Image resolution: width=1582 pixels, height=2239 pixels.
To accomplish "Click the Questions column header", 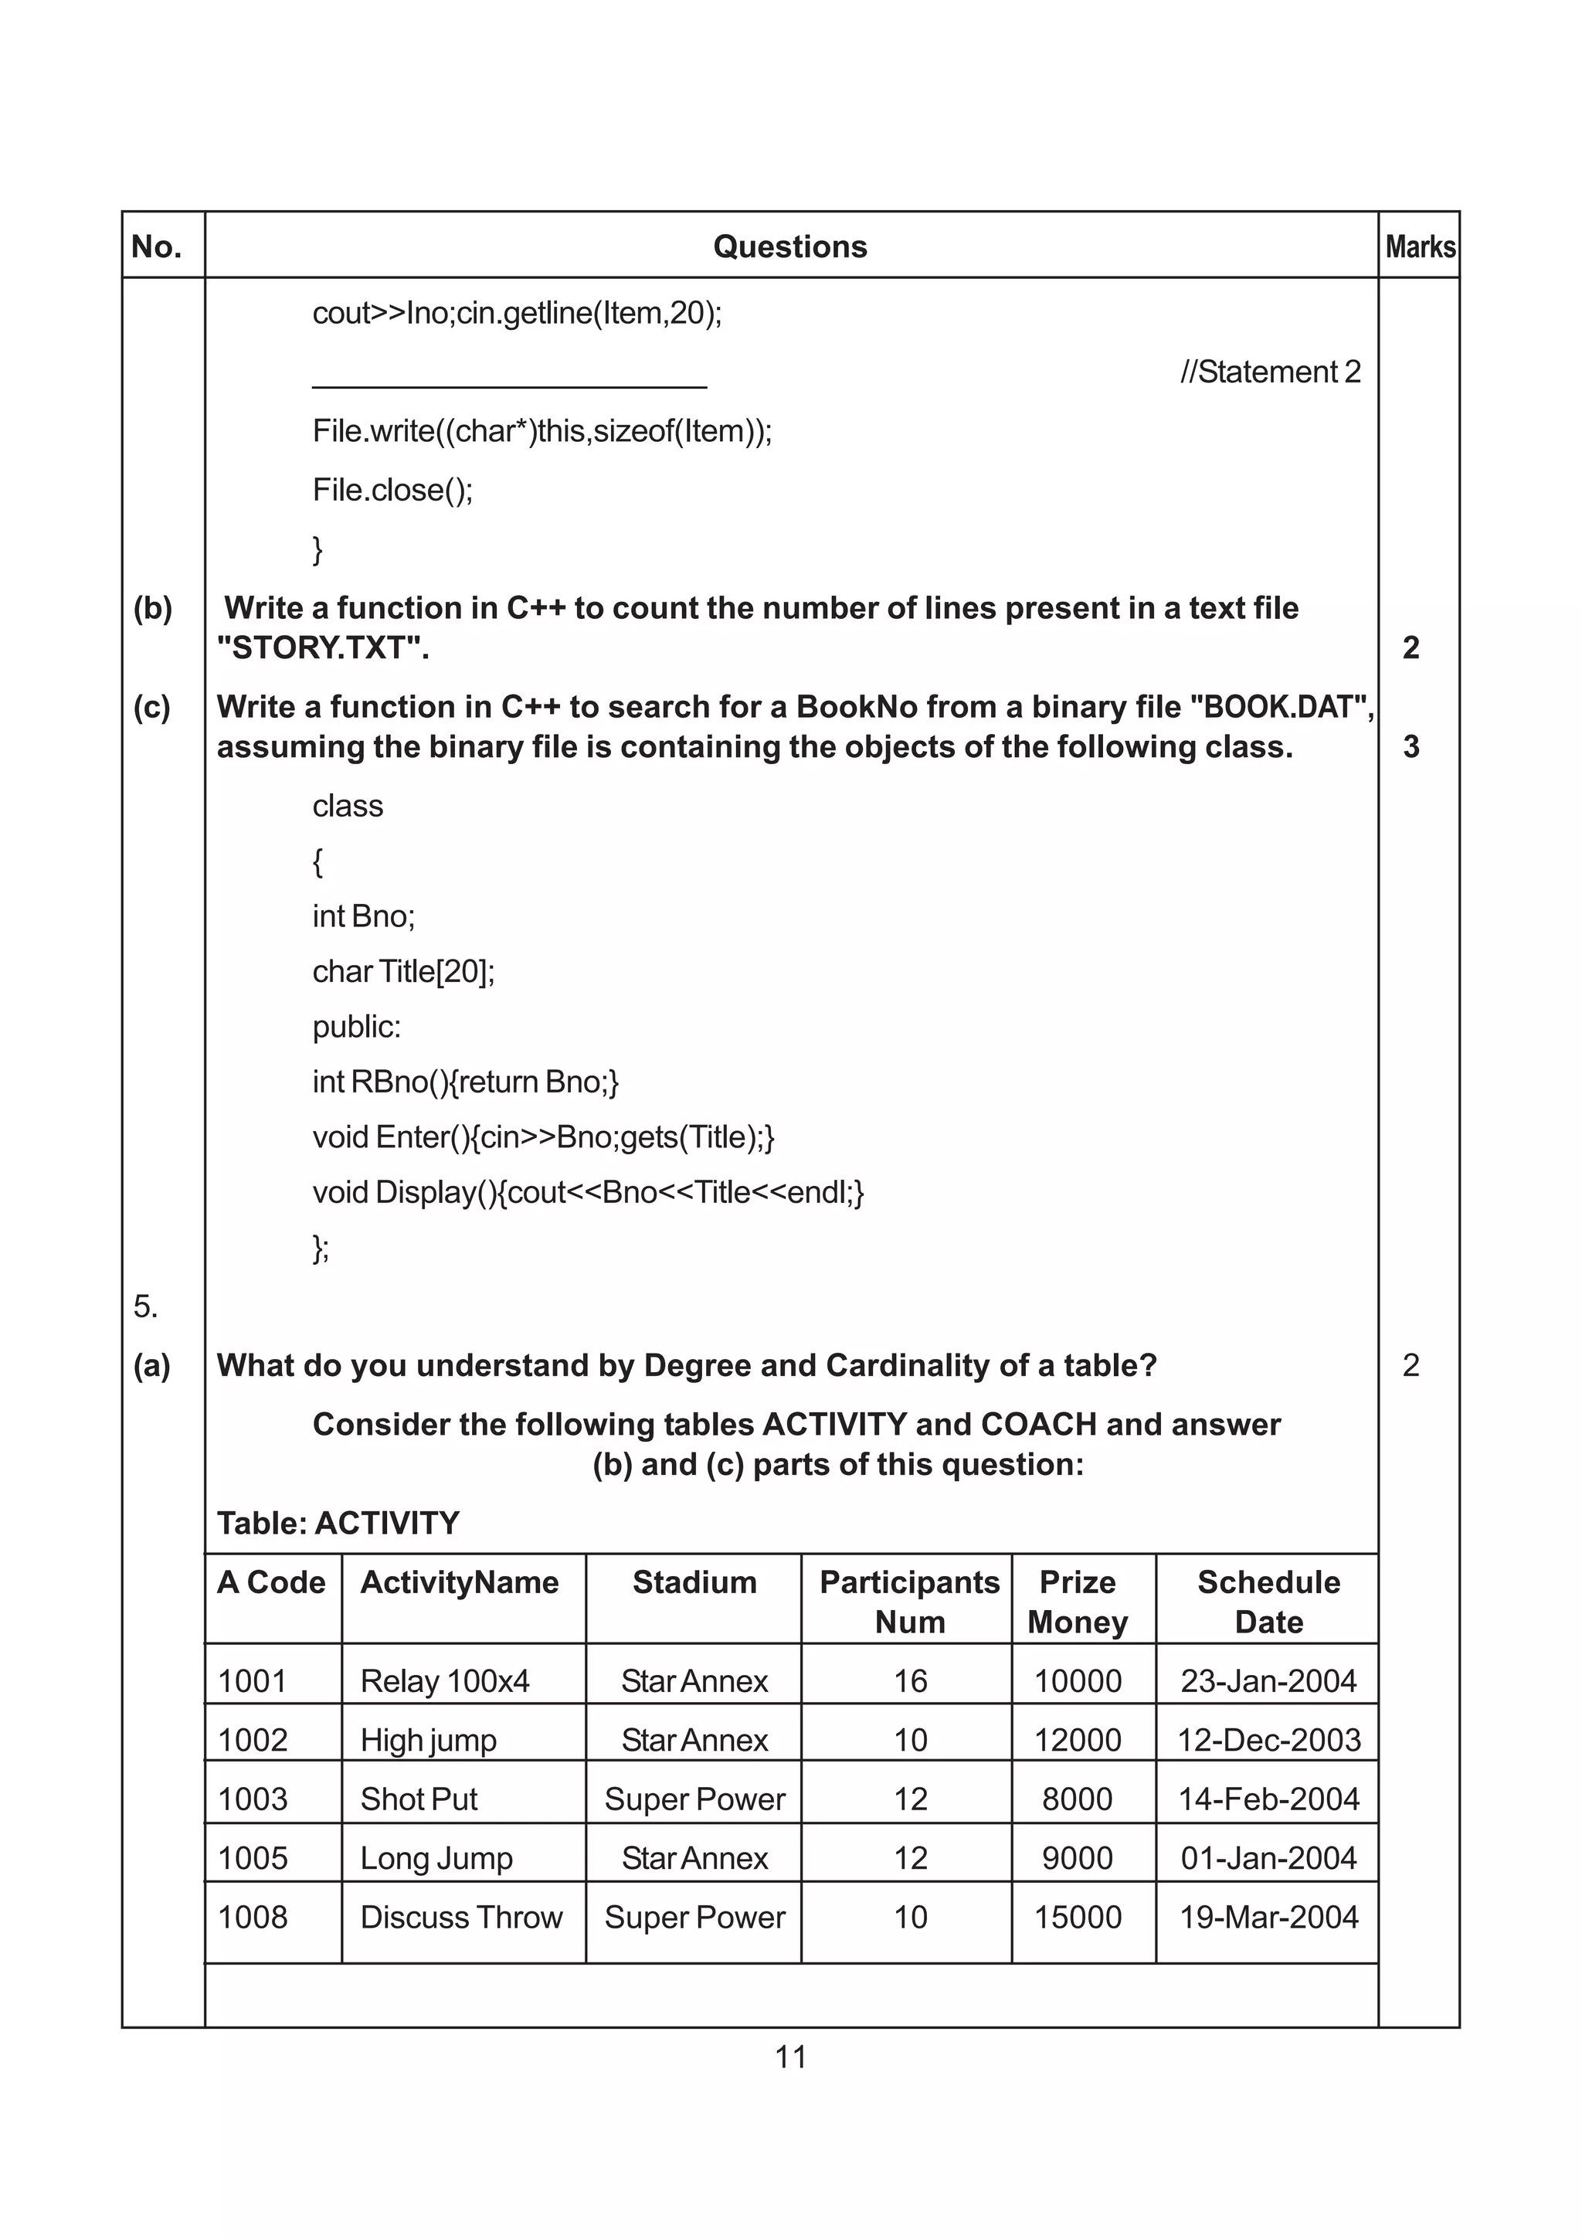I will pos(789,246).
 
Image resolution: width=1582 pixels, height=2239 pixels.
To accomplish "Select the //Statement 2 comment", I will pos(1269,372).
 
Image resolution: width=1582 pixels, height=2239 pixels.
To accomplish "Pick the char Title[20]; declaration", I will pos(403,971).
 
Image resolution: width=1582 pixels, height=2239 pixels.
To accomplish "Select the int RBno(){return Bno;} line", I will pos(465,1082).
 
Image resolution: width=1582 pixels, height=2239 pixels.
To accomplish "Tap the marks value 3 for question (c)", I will pos(1411,747).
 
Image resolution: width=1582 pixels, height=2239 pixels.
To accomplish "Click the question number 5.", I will pos(145,1306).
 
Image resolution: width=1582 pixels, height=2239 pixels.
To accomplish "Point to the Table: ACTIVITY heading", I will pos(338,1524).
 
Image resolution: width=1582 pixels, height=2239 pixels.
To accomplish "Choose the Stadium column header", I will pos(694,1582).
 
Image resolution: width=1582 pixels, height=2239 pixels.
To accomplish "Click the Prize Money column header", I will pos(1077,1602).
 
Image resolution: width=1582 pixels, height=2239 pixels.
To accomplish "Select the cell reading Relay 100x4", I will pos(444,1681).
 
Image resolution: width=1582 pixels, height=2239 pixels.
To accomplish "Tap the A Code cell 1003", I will pos(253,1799).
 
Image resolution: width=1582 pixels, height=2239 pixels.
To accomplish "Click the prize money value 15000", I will pos(1077,1917).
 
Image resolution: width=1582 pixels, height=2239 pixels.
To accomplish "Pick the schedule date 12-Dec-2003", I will pos(1268,1740).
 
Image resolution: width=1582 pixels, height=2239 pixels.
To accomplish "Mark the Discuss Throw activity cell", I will pos(461,1917).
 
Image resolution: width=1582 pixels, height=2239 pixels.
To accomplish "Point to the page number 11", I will pos(789,2057).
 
